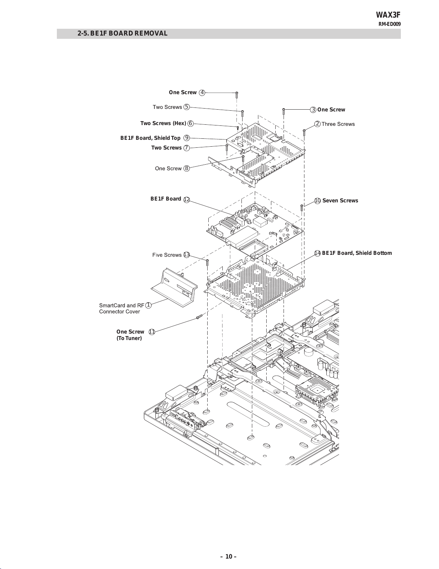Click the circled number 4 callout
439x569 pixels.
pos(202,93)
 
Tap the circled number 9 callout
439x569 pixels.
pos(187,138)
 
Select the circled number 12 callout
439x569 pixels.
pos(187,200)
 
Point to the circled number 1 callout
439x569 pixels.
pos(148,305)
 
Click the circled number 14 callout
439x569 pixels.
pos(317,253)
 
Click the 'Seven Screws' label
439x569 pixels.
pos(340,201)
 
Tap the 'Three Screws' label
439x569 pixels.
pos(338,124)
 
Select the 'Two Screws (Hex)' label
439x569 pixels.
pos(163,123)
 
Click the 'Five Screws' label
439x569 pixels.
pos(167,255)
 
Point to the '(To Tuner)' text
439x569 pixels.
pos(129,338)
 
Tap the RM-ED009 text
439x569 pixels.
pos(389,24)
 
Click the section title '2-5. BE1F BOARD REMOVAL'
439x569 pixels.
pos(122,33)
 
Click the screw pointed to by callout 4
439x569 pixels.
pos(237,95)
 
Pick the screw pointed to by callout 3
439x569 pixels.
pos(284,111)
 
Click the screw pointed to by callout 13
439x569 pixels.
pos(207,262)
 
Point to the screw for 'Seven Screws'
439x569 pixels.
pos(302,208)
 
